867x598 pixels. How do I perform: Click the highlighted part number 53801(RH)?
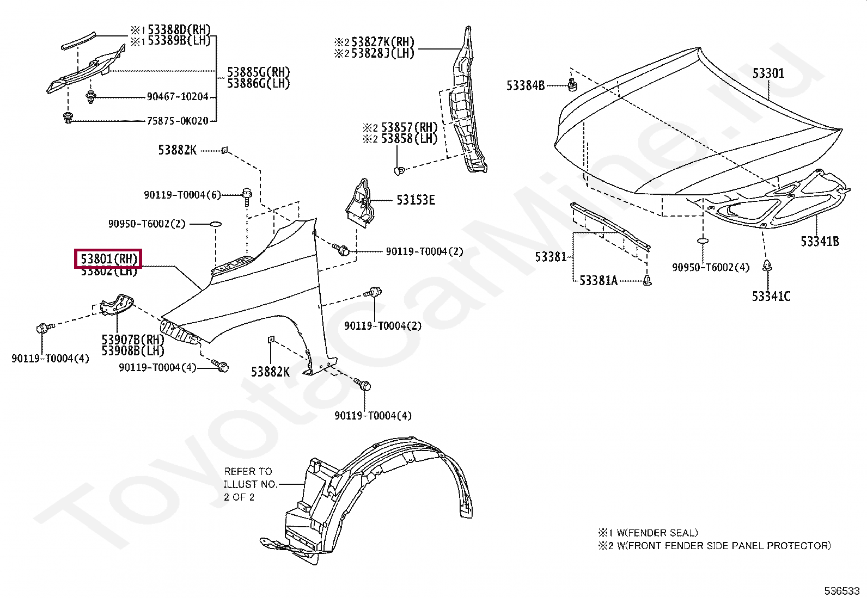coord(108,258)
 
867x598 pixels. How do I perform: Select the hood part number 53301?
coord(768,73)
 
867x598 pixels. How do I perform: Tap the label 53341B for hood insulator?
coord(819,241)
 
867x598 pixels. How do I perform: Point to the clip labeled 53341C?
coord(767,266)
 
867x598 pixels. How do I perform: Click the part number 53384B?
coord(525,85)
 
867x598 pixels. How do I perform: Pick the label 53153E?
coord(415,200)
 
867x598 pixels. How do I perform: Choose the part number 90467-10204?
coord(178,97)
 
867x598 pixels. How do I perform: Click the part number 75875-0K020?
coord(178,121)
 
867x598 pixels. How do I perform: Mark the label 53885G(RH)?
coord(258,72)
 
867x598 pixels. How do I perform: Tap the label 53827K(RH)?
coord(382,42)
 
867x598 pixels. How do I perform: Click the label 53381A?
coord(598,281)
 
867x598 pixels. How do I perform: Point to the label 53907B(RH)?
coord(133,340)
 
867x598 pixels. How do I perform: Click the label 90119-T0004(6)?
coord(182,195)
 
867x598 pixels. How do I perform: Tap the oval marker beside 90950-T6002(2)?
coord(215,224)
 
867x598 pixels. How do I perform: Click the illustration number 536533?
coord(841,590)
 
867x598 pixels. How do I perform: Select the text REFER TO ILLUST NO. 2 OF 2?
coord(250,484)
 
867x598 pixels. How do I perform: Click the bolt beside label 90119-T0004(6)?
coord(246,194)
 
